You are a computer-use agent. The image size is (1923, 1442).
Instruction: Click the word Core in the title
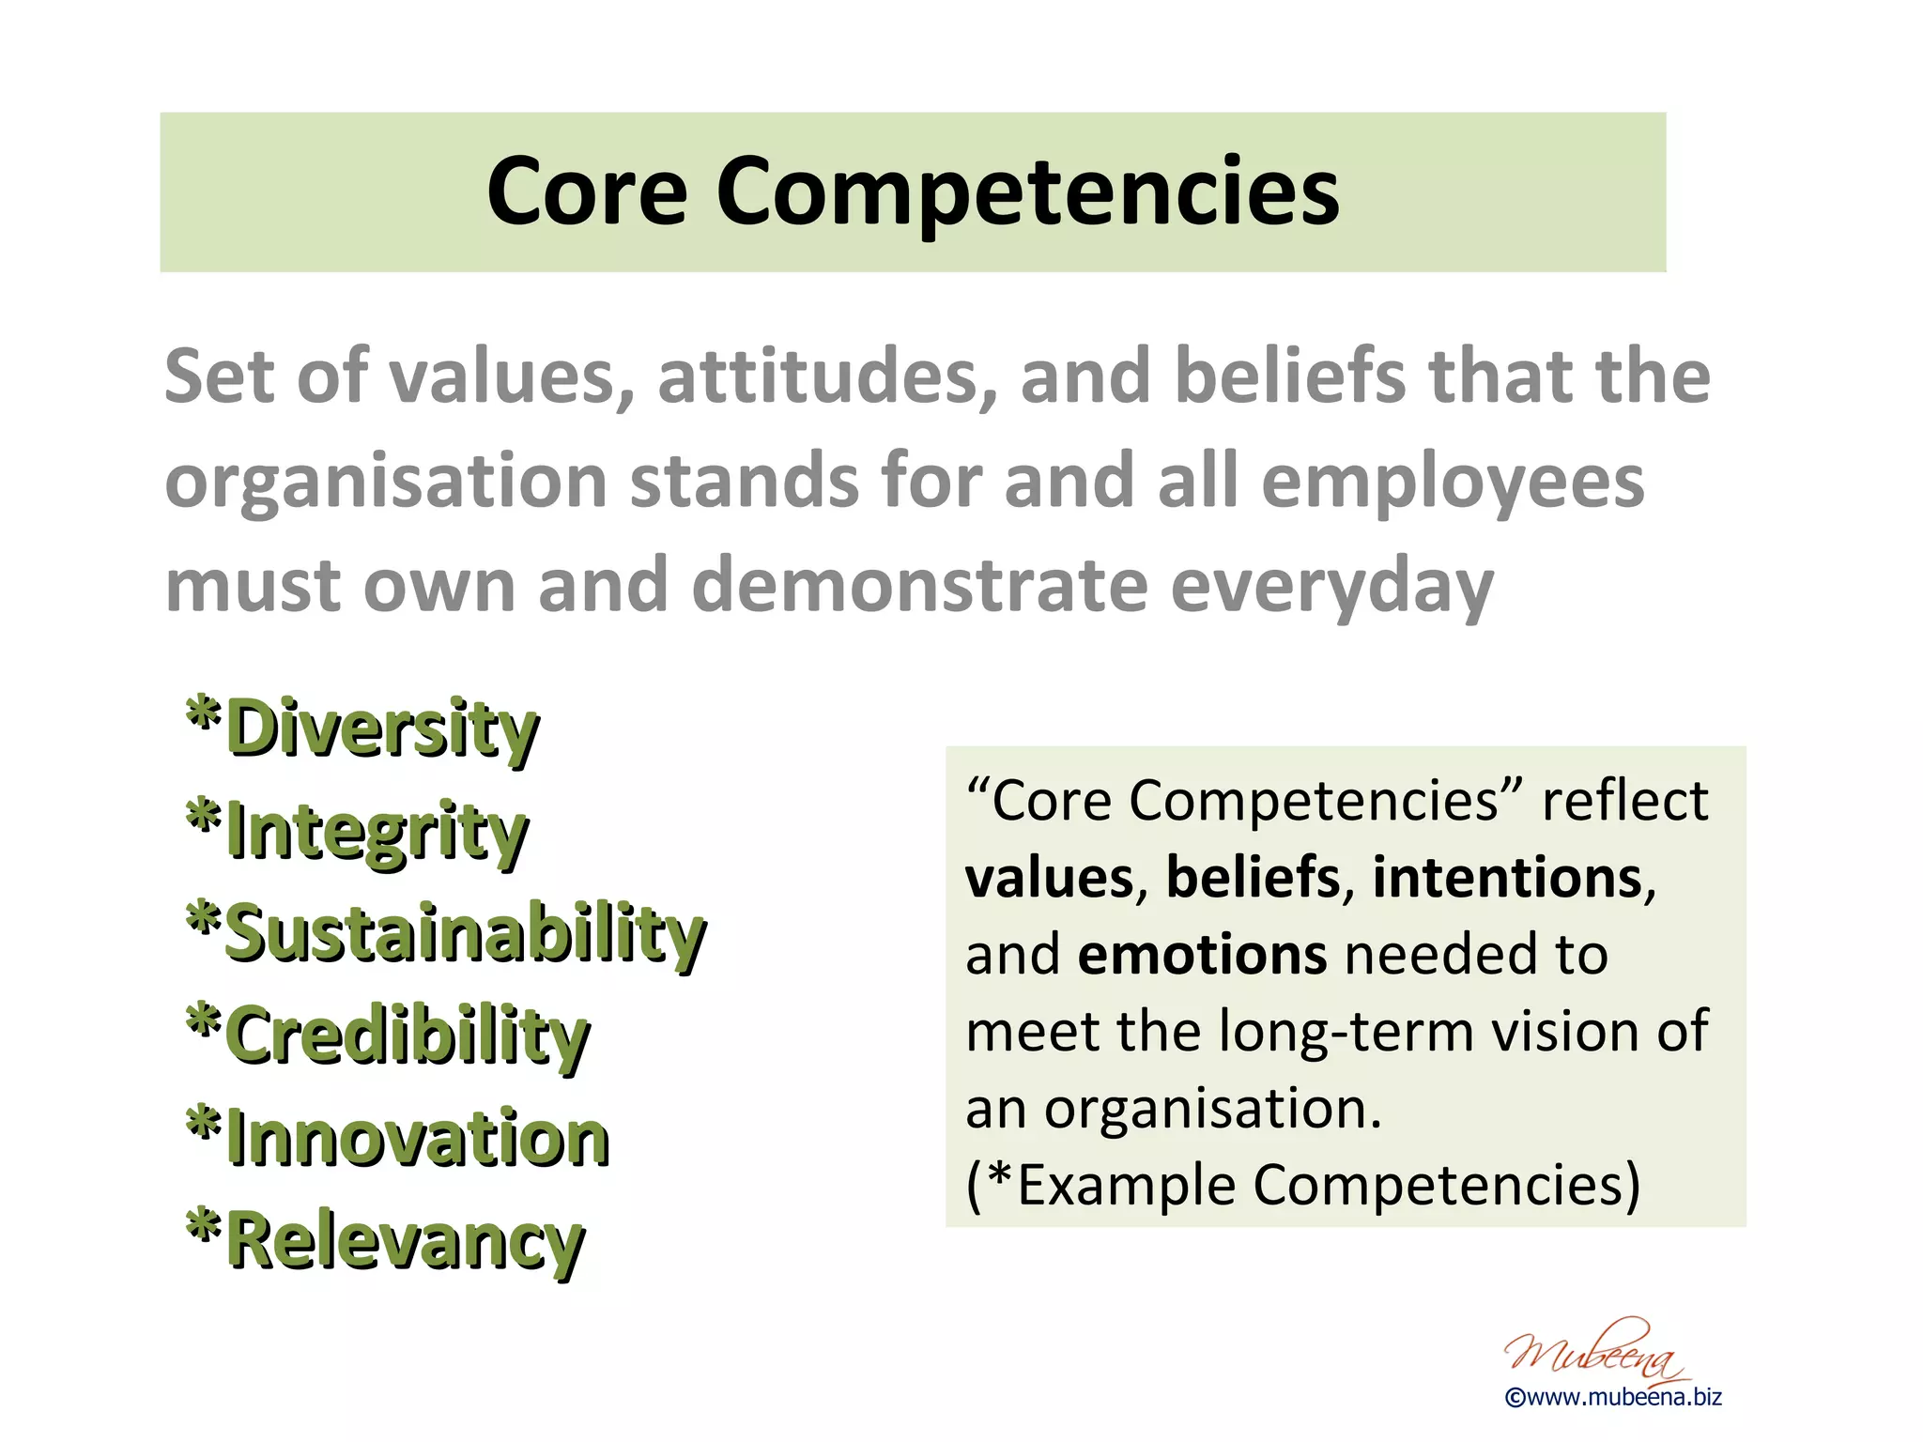[x=587, y=192]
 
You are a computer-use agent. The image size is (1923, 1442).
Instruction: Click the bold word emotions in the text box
[x=1202, y=955]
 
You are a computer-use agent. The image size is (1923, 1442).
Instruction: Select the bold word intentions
[x=1507, y=878]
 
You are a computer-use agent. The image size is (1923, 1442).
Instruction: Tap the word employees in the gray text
[x=1452, y=481]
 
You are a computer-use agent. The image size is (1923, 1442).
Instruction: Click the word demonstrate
[x=919, y=585]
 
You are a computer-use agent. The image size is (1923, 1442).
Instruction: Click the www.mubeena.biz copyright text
[x=1613, y=1397]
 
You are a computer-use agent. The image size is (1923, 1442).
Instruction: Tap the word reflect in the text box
[x=1624, y=801]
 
